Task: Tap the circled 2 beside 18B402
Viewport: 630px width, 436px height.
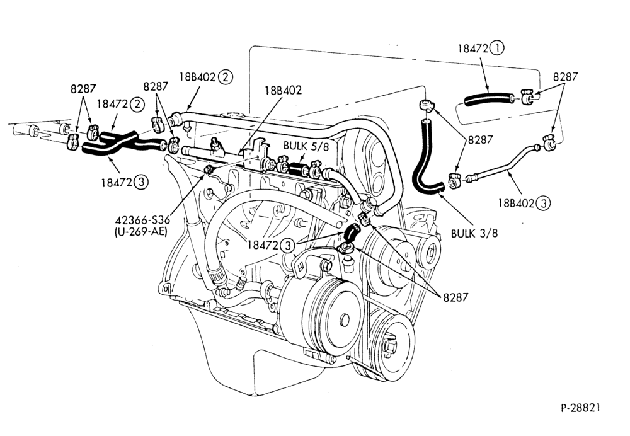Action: tap(225, 77)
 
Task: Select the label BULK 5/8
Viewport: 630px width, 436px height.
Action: tap(306, 146)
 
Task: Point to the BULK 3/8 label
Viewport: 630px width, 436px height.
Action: tap(474, 233)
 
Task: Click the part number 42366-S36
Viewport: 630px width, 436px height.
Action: tap(142, 221)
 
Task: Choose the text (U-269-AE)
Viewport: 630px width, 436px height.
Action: tap(140, 232)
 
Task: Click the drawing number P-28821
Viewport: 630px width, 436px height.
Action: tap(581, 408)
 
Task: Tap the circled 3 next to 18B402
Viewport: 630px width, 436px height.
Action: tap(543, 204)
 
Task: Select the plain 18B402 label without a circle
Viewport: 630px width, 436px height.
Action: tap(283, 90)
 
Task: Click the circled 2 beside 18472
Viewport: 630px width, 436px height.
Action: tap(137, 105)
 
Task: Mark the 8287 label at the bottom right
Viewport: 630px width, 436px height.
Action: tap(455, 297)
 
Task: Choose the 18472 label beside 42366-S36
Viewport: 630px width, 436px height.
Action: tap(263, 244)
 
